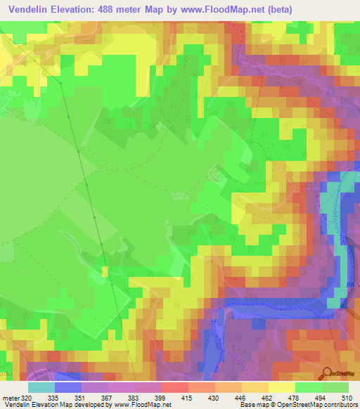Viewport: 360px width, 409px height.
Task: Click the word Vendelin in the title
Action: coord(30,9)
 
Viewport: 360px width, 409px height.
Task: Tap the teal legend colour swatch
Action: coord(41,387)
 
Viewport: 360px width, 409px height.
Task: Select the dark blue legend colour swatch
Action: coord(68,387)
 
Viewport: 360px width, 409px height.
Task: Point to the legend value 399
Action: coord(162,398)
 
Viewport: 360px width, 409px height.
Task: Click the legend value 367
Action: coord(108,398)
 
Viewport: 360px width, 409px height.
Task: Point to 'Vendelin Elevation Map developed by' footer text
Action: coord(51,405)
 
